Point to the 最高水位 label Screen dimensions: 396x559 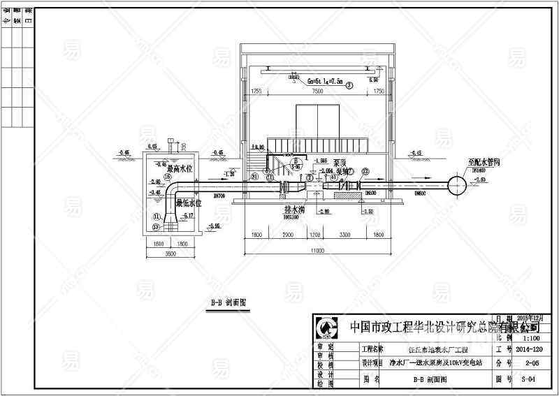[178, 168]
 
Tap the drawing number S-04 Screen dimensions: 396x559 [528, 379]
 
